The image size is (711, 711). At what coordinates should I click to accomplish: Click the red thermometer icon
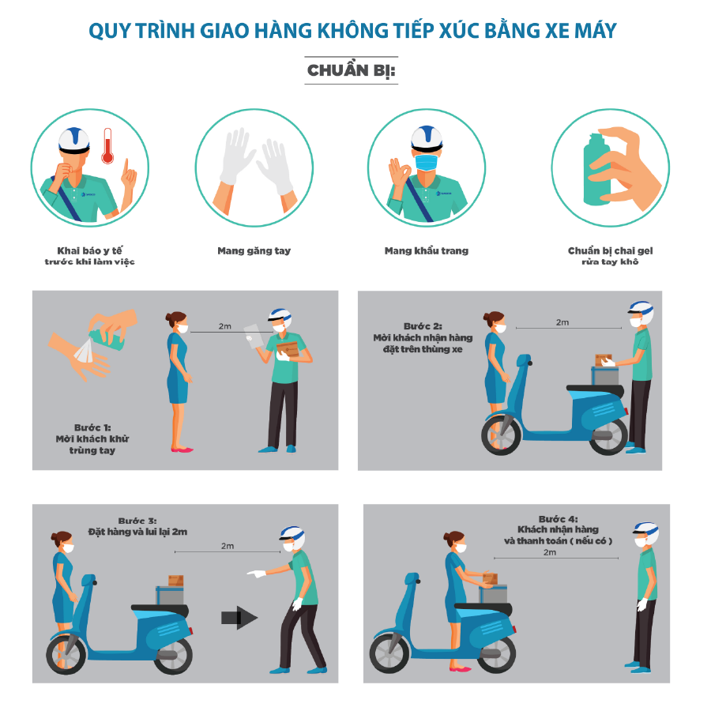tap(107, 145)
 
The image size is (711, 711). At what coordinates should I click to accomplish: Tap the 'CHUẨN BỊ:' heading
tap(352, 70)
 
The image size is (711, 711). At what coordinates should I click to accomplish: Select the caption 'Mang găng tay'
tap(254, 250)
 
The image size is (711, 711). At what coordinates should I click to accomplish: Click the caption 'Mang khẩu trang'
tap(427, 250)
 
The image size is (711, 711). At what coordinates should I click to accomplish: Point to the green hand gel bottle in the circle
tap(596, 171)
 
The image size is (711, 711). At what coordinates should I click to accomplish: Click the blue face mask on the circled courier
tap(427, 162)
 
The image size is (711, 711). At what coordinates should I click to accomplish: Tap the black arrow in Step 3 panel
tap(239, 617)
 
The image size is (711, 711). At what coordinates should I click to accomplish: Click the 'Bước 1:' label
tap(92, 427)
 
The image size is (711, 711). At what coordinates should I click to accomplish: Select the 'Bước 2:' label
tap(423, 326)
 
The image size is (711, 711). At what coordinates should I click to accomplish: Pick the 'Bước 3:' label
tap(137, 521)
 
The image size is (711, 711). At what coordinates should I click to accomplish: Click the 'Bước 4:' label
tap(559, 519)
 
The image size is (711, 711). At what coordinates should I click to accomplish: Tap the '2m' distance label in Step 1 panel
tap(225, 326)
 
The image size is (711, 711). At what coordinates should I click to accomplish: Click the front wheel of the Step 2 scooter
tap(501, 434)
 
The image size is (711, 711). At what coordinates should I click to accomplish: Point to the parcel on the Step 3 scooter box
tap(175, 581)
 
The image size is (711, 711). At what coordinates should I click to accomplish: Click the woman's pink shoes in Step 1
tap(182, 450)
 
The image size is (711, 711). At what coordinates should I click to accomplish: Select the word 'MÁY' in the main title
tap(596, 31)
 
